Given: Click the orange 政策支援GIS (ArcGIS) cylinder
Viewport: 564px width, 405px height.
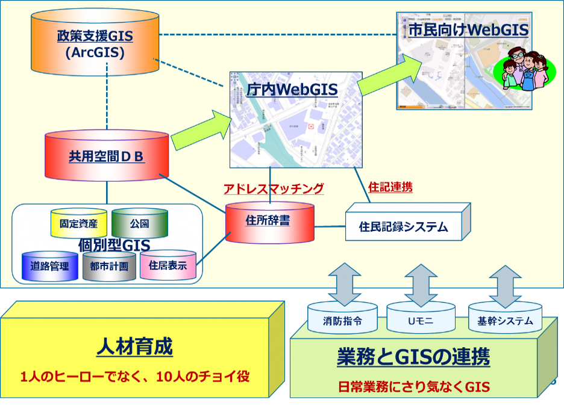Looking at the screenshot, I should click(x=95, y=45).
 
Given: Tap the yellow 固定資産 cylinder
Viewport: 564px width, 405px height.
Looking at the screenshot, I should click(x=79, y=223).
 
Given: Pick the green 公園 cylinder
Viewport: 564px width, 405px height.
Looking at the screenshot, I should click(x=139, y=223).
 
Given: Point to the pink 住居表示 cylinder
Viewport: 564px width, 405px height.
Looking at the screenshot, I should click(x=168, y=265).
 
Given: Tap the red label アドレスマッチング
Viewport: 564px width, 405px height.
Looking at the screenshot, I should click(x=274, y=188).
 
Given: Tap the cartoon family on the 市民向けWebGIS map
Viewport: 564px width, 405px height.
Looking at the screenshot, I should click(x=522, y=71).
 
